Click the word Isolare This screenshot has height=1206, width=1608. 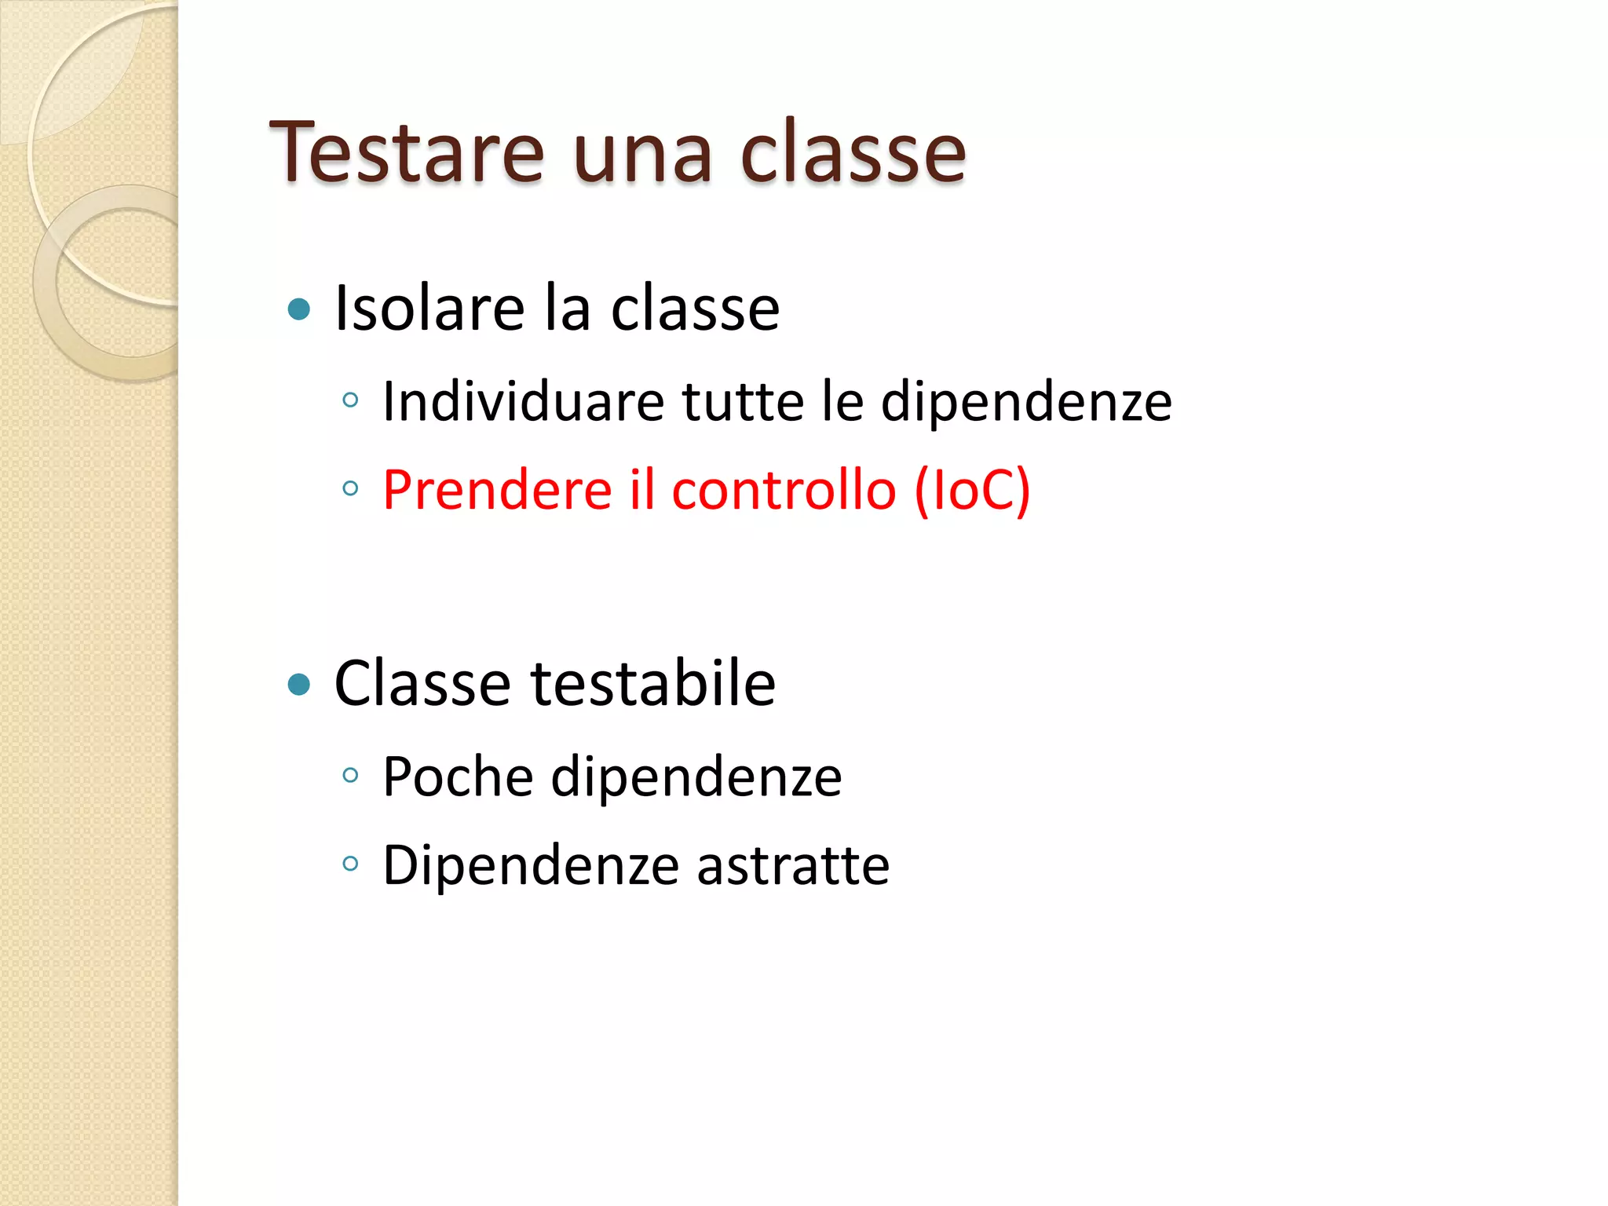click(429, 308)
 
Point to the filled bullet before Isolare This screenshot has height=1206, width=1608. click(299, 309)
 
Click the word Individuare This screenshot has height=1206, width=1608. click(523, 402)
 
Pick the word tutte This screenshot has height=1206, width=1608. click(743, 402)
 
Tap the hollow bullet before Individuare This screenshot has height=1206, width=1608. click(350, 400)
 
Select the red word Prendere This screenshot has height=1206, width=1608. click(497, 490)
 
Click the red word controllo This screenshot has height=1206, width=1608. click(784, 490)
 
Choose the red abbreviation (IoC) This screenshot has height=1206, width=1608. click(972, 490)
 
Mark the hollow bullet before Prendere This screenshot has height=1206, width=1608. click(350, 488)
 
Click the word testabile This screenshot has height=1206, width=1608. click(653, 683)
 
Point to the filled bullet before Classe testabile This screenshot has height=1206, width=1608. click(299, 685)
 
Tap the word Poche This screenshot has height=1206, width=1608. click(458, 777)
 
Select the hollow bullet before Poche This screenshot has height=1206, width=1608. click(350, 776)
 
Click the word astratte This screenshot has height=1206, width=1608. click(793, 865)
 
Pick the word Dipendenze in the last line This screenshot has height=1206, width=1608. click(531, 865)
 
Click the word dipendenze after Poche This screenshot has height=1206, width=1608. click(696, 777)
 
